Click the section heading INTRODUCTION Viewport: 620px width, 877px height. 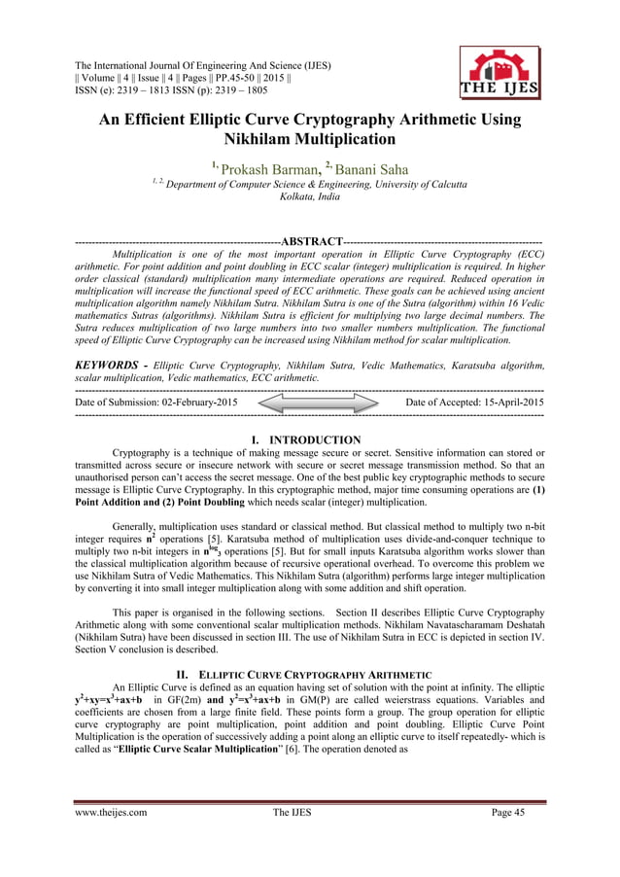coord(316,440)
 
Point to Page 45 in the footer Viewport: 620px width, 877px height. coord(521,812)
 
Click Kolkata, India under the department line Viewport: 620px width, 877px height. coord(310,197)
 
